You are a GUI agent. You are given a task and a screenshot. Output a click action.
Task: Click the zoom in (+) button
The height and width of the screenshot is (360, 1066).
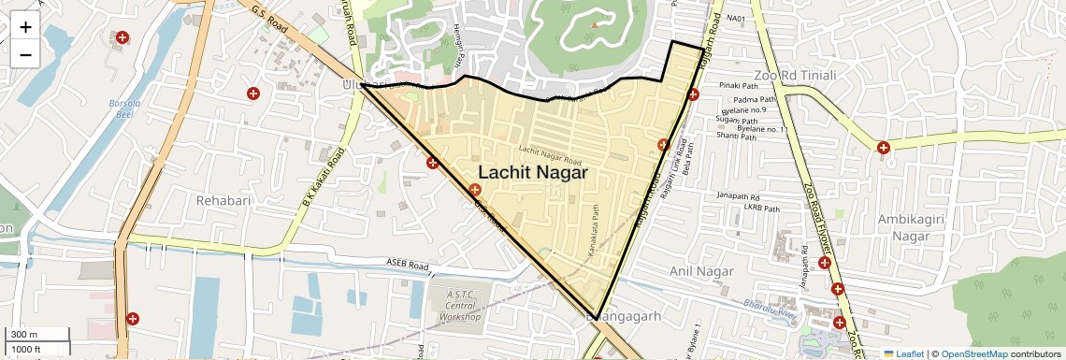25,27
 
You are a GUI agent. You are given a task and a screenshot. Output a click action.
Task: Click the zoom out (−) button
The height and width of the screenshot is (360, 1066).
25,54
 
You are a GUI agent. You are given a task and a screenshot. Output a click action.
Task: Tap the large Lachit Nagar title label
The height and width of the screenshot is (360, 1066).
532,173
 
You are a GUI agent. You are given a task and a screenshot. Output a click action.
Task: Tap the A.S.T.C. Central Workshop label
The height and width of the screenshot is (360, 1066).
460,306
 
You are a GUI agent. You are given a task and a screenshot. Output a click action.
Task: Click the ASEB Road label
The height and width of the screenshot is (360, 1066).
406,265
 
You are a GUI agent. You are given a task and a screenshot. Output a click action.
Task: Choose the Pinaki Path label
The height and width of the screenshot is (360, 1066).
737,86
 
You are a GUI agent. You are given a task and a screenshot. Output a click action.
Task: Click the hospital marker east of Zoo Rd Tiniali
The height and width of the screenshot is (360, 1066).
883,147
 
